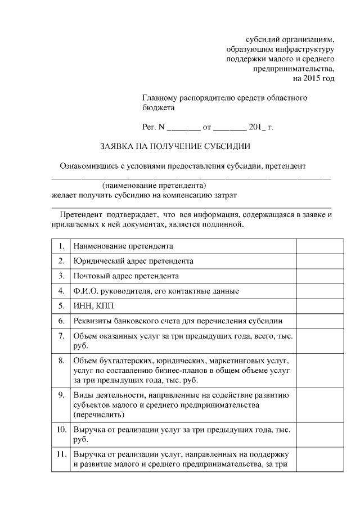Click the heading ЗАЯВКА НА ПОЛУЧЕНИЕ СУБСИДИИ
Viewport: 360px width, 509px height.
(x=175, y=147)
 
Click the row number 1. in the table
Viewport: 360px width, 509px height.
(x=61, y=246)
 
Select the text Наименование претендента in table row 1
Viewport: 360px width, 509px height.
(x=123, y=246)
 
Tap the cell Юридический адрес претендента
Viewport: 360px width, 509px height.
(x=133, y=261)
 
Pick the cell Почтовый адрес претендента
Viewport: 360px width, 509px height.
(x=126, y=276)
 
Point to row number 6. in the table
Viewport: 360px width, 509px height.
(x=61, y=321)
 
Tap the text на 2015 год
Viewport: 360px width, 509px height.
(x=310, y=78)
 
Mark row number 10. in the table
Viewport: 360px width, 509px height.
(x=60, y=430)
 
